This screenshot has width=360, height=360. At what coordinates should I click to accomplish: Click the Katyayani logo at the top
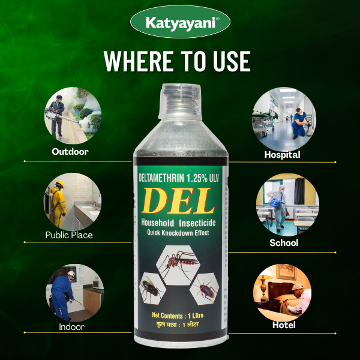(179, 23)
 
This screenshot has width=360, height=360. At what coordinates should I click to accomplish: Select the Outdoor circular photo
(73, 114)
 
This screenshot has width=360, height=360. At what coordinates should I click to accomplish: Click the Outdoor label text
(70, 152)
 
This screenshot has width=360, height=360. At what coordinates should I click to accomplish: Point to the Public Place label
(69, 235)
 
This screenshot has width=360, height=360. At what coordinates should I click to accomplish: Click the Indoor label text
(71, 327)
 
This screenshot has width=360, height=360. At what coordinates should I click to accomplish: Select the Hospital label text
(282, 155)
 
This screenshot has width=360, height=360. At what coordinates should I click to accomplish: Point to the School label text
(284, 243)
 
